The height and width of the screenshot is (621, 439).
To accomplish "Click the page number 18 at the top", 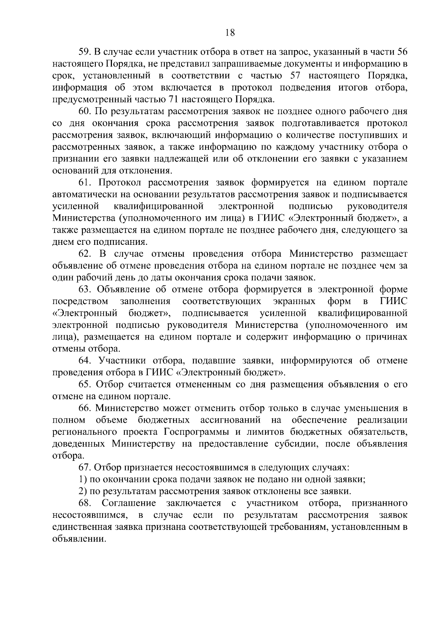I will tap(230, 33).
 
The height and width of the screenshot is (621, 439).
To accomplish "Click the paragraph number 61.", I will tap(85, 183).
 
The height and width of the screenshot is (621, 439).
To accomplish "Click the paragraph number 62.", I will tap(85, 254).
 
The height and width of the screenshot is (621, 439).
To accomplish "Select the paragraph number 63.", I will tap(85, 289).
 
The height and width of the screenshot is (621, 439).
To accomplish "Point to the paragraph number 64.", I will tap(85, 361).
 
